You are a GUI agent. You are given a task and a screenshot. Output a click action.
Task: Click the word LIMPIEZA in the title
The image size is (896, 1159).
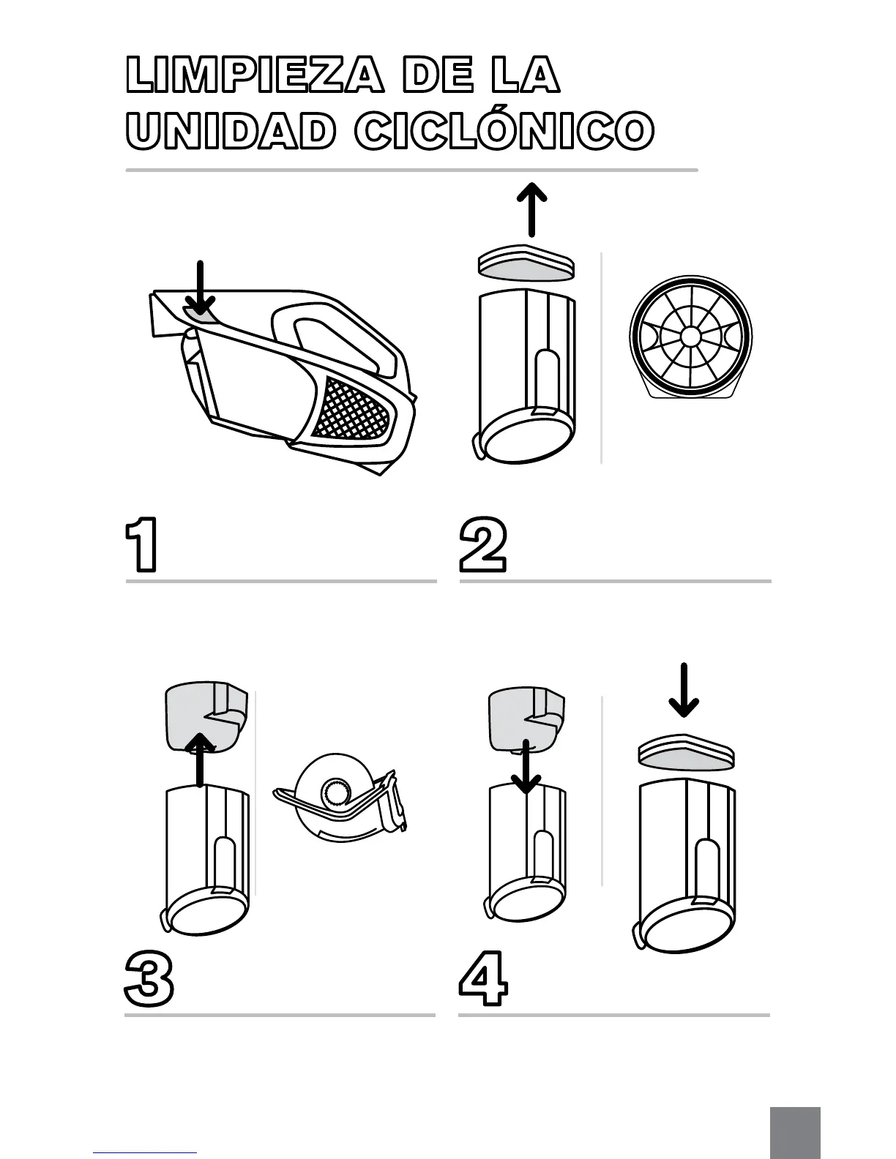click(x=254, y=76)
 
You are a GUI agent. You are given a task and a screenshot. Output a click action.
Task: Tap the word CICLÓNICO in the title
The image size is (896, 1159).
click(x=504, y=132)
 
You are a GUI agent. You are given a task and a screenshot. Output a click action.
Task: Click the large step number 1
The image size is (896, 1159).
click(x=141, y=545)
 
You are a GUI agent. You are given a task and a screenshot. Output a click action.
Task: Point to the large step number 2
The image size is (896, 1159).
click(x=482, y=545)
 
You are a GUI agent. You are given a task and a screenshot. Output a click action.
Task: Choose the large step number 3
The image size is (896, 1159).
click(x=149, y=978)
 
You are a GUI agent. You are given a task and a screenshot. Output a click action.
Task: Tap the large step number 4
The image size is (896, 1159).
click(x=483, y=978)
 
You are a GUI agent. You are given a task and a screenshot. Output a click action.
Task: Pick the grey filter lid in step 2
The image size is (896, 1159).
click(x=525, y=266)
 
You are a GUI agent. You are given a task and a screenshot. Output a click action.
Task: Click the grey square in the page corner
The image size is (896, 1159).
click(x=795, y=1133)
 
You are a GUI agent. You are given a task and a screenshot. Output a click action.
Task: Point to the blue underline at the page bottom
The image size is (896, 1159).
click(x=145, y=1152)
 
